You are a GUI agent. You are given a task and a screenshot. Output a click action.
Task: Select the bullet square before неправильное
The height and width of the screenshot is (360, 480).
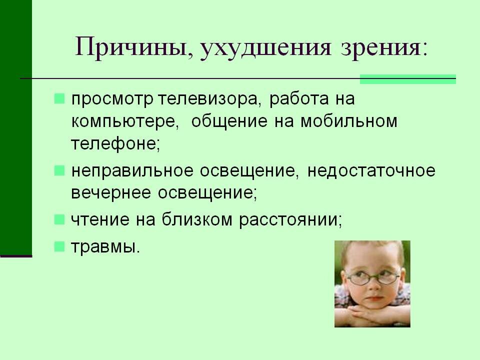59,170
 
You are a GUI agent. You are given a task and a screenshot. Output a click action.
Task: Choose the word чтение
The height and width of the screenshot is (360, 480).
99,219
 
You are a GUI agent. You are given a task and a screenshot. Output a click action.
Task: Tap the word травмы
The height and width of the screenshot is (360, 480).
103,246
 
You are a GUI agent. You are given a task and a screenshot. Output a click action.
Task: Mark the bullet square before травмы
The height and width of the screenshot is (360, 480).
59,245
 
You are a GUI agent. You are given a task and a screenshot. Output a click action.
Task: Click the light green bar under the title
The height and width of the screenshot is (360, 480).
408,78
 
